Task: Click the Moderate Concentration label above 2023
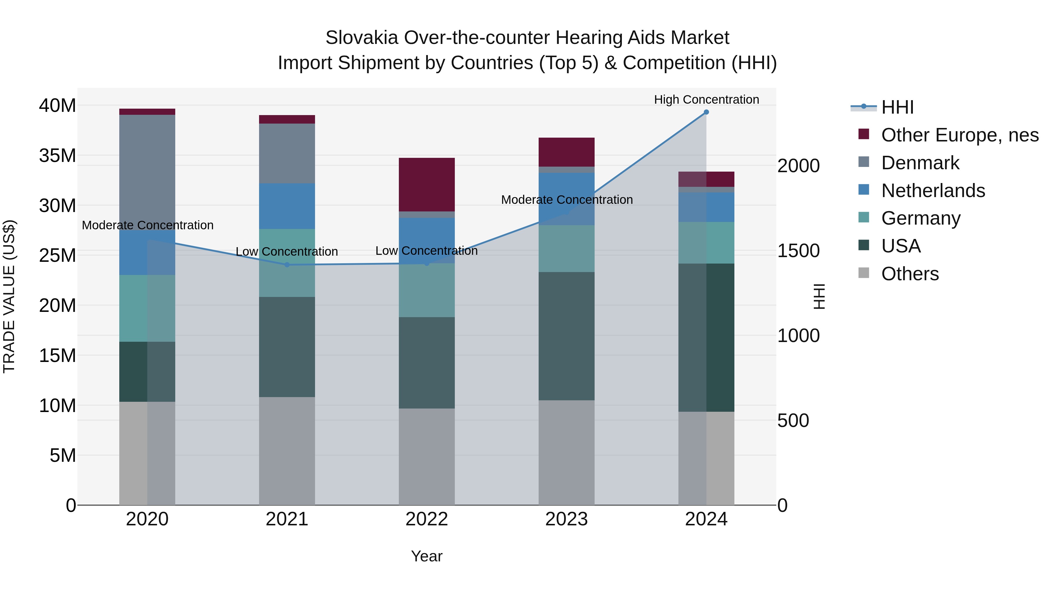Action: [567, 200]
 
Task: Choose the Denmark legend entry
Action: [920, 163]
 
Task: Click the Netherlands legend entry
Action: [933, 191]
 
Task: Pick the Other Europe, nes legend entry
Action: [959, 135]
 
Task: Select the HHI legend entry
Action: [897, 107]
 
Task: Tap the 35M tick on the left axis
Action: [57, 155]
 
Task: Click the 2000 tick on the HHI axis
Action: [798, 166]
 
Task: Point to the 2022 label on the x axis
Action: [427, 519]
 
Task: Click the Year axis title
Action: [427, 556]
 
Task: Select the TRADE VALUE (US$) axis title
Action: [9, 296]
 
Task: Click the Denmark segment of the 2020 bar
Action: [147, 172]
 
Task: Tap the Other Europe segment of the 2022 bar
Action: [427, 184]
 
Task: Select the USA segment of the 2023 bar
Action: [566, 336]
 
